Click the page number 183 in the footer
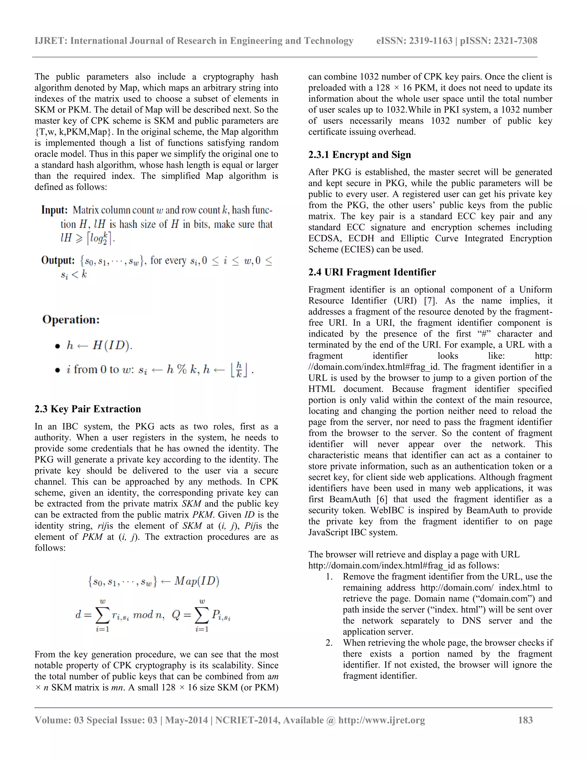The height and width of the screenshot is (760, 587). click(x=525, y=720)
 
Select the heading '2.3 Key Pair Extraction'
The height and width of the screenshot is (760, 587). click(x=88, y=409)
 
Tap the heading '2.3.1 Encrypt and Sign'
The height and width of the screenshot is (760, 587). click(x=360, y=155)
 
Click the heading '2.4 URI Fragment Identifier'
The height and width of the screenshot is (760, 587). click(x=372, y=272)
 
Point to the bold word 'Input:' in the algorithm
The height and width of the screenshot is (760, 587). click(x=54, y=210)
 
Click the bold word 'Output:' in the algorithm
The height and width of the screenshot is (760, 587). click(x=58, y=260)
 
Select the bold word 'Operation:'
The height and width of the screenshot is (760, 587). click(x=71, y=319)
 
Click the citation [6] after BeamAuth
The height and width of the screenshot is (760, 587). click(x=383, y=499)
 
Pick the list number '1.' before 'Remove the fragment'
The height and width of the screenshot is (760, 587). click(x=329, y=577)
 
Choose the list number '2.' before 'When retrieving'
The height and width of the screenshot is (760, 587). click(x=329, y=643)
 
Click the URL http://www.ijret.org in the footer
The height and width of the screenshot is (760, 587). click(x=381, y=720)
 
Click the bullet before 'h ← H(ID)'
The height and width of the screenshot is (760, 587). click(x=58, y=346)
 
